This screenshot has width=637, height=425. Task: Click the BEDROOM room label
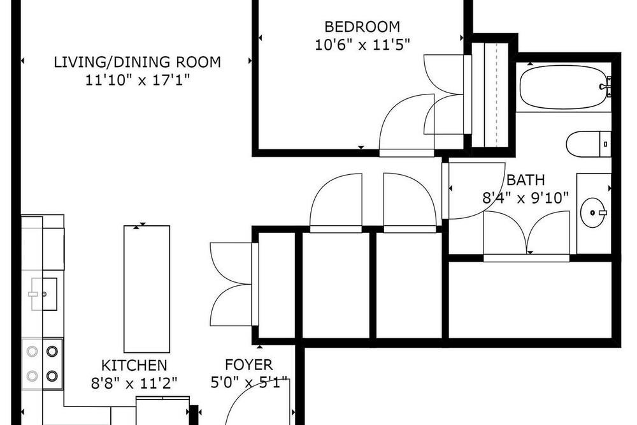tap(362, 27)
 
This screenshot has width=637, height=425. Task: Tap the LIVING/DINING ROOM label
tap(138, 63)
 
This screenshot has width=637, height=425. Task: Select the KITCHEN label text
tap(134, 366)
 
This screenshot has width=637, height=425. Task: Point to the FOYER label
tap(248, 365)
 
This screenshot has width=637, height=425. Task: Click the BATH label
tap(526, 180)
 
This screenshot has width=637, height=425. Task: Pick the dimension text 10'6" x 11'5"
tap(362, 45)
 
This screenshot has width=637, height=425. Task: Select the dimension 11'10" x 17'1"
tap(138, 80)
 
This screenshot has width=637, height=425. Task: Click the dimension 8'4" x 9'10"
tap(526, 198)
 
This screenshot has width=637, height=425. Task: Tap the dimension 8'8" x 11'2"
tap(134, 384)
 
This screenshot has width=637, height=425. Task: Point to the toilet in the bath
tap(589, 144)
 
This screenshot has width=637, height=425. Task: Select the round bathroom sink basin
tap(594, 212)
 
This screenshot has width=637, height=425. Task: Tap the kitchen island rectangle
tap(147, 289)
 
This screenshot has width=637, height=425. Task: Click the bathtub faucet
tap(606, 86)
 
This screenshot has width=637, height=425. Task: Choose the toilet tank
tap(605, 144)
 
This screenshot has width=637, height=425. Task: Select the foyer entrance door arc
tap(244, 393)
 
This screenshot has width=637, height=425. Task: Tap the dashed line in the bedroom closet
tap(496, 94)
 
